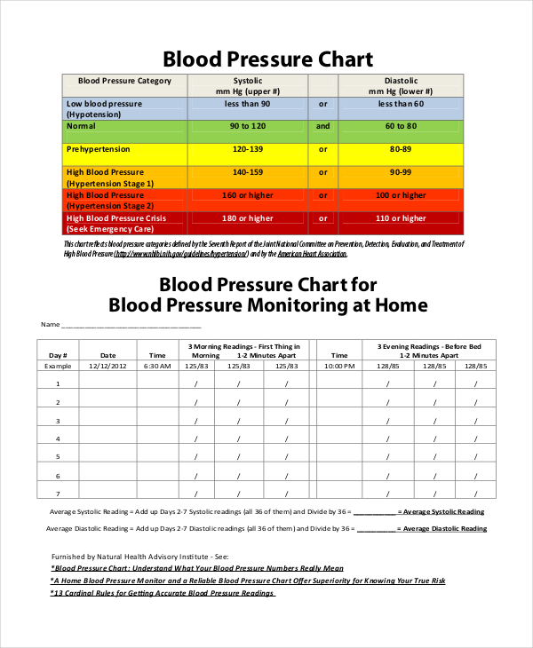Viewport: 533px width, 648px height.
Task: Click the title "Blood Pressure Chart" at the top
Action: [267, 59]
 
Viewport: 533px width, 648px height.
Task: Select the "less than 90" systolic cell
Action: [248, 104]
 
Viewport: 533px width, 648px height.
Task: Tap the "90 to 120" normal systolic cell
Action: [248, 126]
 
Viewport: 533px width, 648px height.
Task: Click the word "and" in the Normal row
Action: [322, 126]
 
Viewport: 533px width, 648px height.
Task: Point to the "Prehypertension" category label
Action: [98, 149]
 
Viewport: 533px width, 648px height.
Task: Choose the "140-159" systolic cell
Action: [248, 172]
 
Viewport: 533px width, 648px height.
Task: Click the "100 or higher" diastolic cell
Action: [401, 195]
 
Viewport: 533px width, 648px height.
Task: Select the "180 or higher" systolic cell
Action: [248, 218]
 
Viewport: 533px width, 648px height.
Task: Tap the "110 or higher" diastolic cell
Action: [401, 218]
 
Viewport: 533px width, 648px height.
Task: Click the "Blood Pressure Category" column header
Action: [125, 81]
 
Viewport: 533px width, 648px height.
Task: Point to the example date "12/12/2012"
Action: [108, 366]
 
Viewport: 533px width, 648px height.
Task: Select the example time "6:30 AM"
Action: [156, 366]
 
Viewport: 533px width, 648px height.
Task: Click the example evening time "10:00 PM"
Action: [339, 366]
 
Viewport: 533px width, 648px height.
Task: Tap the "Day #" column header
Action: [58, 355]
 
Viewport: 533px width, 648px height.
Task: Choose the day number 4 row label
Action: [58, 439]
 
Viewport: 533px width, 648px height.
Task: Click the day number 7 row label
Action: [58, 494]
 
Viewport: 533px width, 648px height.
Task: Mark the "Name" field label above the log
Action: [48, 324]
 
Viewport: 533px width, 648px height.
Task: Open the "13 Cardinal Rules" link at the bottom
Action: [163, 593]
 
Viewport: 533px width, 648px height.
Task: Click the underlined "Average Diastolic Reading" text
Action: [442, 529]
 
